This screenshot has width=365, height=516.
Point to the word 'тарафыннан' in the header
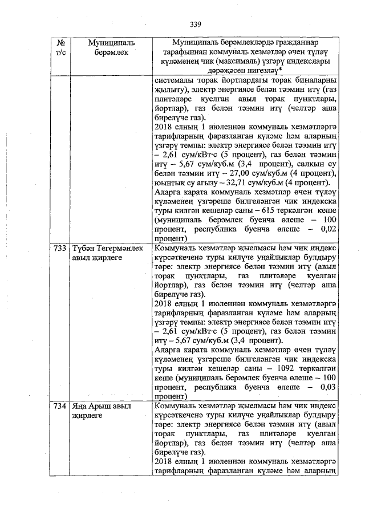click(183, 52)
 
